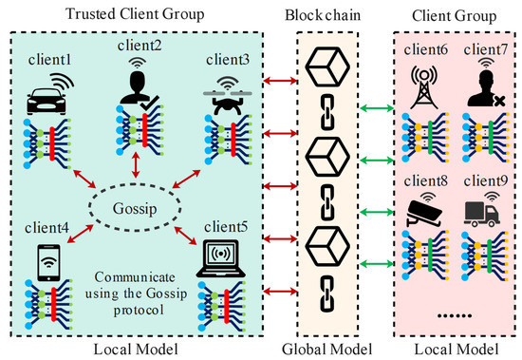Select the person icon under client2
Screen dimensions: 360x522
[137, 82]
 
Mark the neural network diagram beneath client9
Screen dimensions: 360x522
[479, 261]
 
